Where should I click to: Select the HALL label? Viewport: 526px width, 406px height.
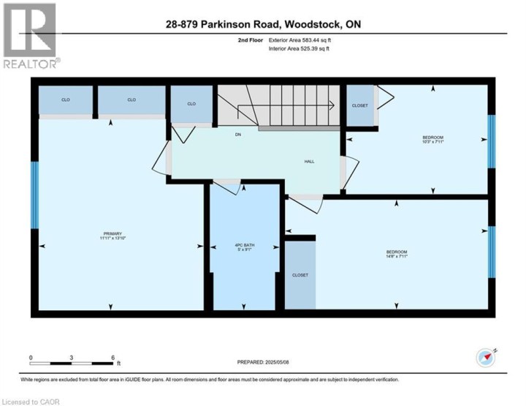click(x=309, y=162)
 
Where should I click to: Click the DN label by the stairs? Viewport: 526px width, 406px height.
click(x=238, y=135)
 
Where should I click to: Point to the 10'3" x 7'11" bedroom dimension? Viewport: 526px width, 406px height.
click(x=432, y=143)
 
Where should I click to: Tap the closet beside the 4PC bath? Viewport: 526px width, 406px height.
click(x=300, y=275)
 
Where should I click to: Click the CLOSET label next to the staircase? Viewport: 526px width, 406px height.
click(x=359, y=105)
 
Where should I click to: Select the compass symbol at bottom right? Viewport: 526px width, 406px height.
click(x=486, y=357)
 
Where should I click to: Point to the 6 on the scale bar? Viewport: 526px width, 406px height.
click(x=113, y=358)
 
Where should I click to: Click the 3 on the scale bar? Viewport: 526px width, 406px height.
click(x=72, y=358)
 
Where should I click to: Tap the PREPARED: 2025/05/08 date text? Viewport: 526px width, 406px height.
click(x=268, y=362)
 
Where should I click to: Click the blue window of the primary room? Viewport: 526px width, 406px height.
click(x=34, y=195)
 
